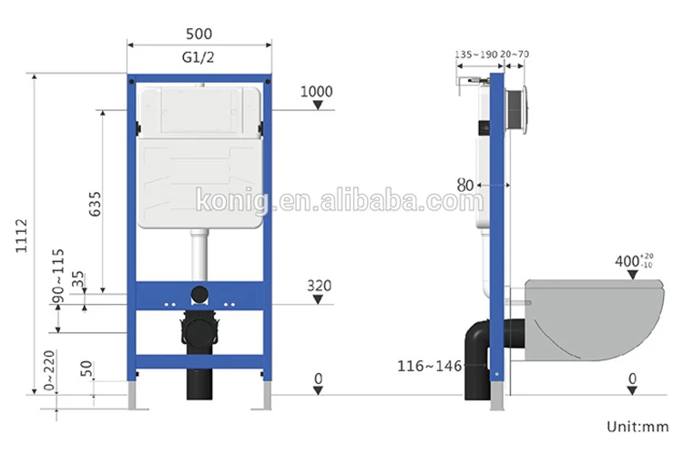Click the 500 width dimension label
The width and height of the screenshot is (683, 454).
199,34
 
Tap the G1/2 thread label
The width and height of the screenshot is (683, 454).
199,57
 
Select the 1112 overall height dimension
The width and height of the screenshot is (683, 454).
21,236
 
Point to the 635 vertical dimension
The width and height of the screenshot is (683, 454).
95,204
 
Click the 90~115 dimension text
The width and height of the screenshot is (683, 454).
57,276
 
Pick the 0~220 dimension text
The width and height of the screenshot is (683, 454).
49,370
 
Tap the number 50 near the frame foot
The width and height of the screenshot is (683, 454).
87,368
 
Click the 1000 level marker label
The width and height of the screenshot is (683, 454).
317,91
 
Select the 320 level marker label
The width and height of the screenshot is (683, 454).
320,286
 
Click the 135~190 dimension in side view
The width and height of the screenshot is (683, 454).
476,55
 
